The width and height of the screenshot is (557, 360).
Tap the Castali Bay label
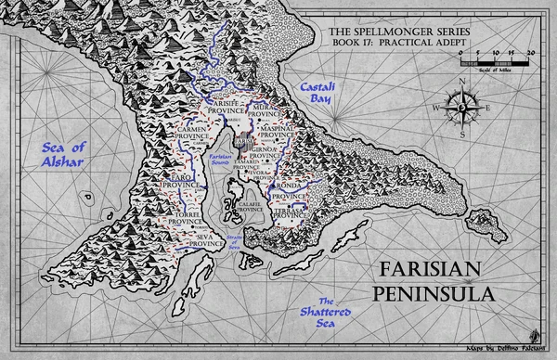(x=313, y=92)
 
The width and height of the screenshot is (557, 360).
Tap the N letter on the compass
(x=461, y=77)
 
